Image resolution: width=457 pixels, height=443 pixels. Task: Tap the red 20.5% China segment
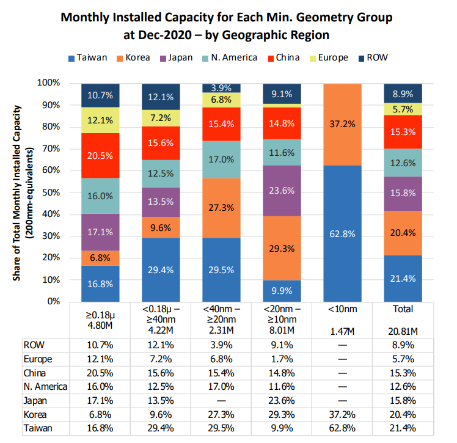pyautogui.click(x=100, y=155)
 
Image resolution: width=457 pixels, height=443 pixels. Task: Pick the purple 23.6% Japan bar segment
pyautogui.click(x=281, y=190)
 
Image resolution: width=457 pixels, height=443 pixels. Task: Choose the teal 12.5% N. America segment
pyautogui.click(x=160, y=174)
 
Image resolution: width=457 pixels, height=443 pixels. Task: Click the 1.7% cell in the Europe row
pyautogui.click(x=282, y=359)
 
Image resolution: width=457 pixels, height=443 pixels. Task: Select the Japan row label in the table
pyautogui.click(x=37, y=401)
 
